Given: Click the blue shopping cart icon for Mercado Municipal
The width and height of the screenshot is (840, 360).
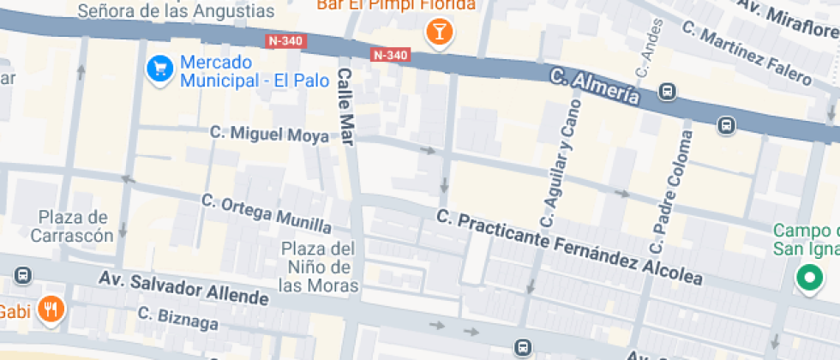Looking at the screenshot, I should tap(159, 69).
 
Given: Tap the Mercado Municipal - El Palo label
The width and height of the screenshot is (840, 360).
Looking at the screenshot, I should tap(217, 72).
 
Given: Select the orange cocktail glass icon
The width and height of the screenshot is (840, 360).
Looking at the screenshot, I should tap(439, 33).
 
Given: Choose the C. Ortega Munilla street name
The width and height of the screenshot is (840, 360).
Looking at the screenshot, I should tap(267, 213).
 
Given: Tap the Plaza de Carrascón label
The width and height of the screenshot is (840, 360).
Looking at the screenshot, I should tap(72, 225).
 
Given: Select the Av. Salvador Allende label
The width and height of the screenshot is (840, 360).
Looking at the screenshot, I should tap(183, 288).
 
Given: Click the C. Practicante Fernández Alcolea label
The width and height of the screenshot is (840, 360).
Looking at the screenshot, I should tap(569, 248).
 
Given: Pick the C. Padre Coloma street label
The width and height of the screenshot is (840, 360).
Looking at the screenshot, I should tap(671, 183).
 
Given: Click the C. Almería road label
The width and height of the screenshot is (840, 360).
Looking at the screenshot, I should tap(595, 87).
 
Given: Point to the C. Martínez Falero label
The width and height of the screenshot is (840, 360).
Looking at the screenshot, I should tap(746, 52).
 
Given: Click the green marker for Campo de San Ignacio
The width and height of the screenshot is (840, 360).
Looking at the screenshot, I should tap(807, 278).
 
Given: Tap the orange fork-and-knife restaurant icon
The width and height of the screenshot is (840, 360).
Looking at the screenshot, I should tap(51, 309).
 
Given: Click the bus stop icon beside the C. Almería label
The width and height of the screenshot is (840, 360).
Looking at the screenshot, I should tap(666, 91).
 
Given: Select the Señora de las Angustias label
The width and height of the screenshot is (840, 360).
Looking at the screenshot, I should tap(176, 11).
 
